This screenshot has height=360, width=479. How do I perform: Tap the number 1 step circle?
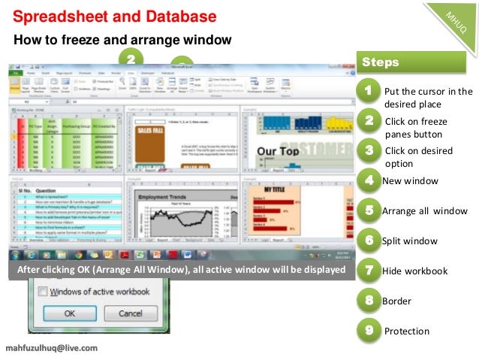[x=368, y=91]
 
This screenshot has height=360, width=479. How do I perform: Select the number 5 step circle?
[x=368, y=210]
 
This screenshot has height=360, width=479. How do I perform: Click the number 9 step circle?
[x=368, y=330]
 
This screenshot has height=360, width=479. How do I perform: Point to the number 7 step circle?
[x=368, y=271]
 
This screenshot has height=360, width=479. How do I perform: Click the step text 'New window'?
[x=410, y=180]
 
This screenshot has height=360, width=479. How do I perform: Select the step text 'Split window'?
[x=410, y=241]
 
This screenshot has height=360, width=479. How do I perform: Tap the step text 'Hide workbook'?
[x=414, y=271]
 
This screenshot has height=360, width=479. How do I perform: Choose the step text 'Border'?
[x=396, y=301]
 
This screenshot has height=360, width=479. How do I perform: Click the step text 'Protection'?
[x=406, y=331]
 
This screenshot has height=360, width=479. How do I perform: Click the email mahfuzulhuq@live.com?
[x=51, y=349]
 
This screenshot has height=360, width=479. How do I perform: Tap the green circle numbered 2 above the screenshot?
[x=131, y=57]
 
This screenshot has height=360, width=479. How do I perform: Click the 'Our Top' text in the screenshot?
[x=279, y=153]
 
